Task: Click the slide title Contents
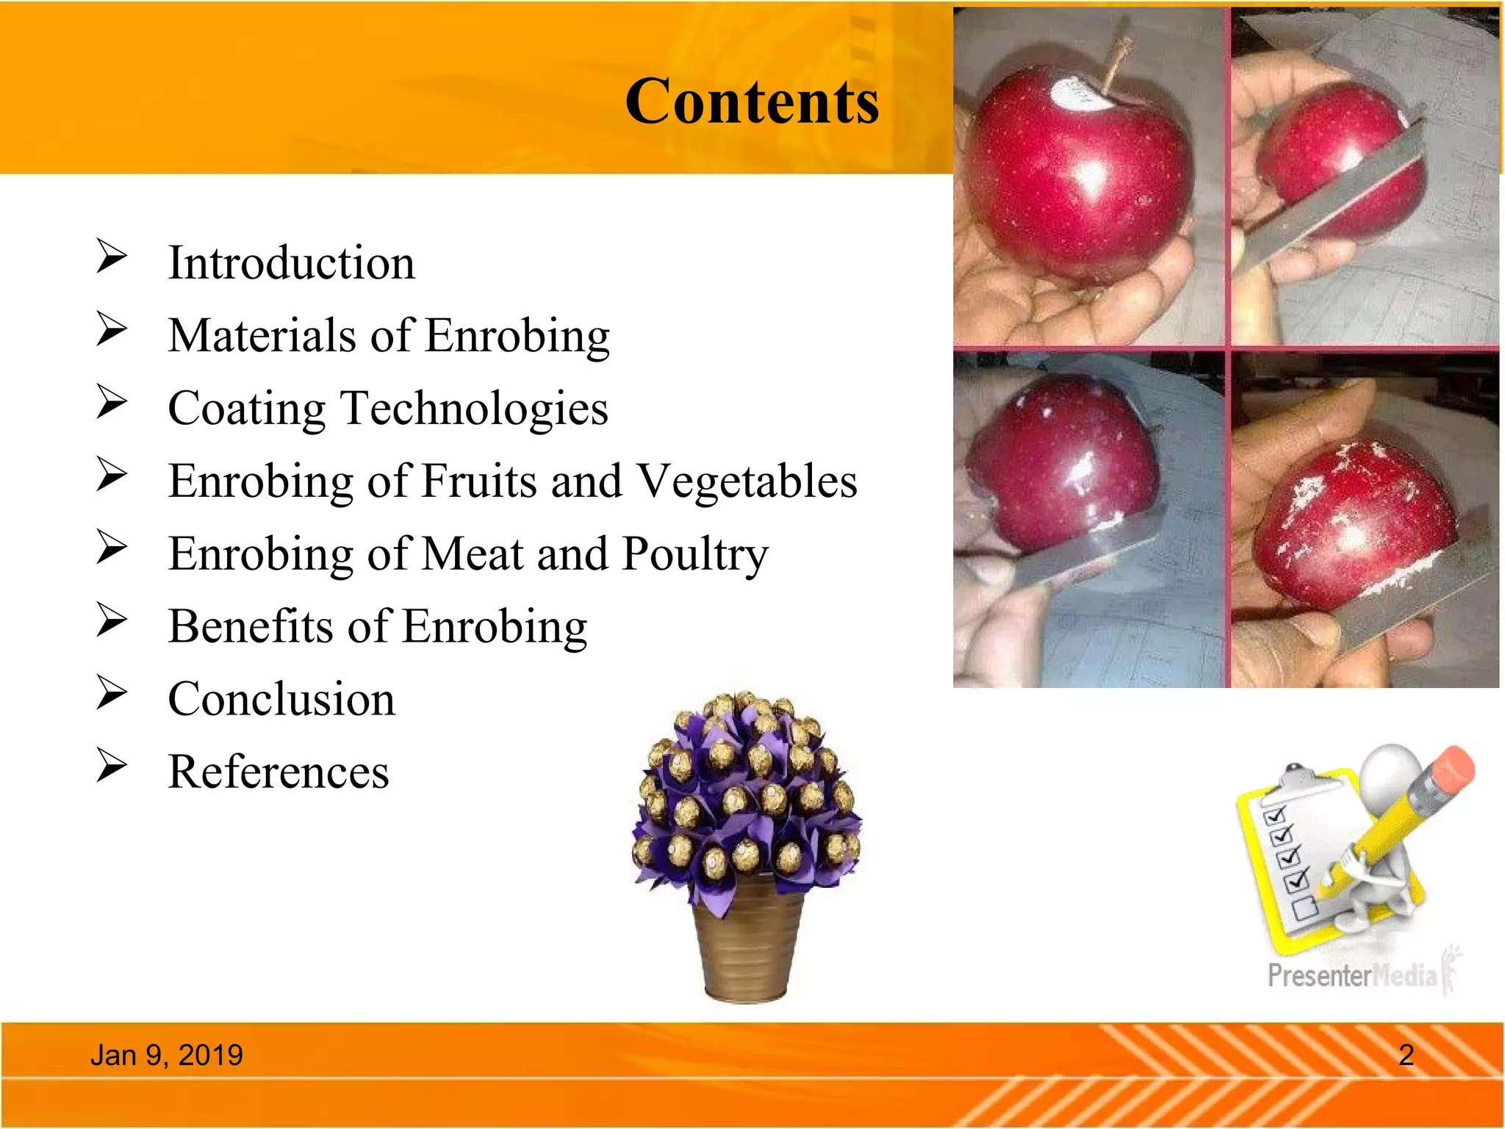(x=752, y=101)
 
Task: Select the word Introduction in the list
(x=291, y=262)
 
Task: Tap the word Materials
(x=262, y=335)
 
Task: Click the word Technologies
(x=475, y=408)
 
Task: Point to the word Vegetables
(x=747, y=481)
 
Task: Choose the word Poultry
(x=694, y=554)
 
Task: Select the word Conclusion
(x=281, y=698)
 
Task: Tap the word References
(x=279, y=772)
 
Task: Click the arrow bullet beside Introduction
(x=112, y=257)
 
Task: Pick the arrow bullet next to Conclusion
(x=112, y=692)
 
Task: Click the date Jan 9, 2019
(x=167, y=1055)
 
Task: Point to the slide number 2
(x=1406, y=1055)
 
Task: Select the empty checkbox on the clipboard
(x=1305, y=908)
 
